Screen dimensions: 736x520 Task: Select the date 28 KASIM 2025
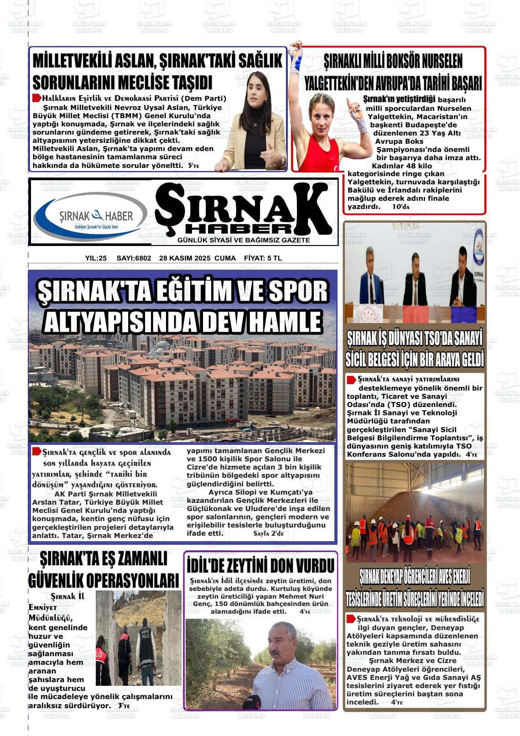185,258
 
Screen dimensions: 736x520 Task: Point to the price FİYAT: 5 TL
263,258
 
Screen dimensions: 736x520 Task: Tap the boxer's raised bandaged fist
296,49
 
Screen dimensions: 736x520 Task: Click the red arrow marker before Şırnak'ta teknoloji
351,619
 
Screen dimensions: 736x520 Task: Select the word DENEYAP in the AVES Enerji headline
401,576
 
